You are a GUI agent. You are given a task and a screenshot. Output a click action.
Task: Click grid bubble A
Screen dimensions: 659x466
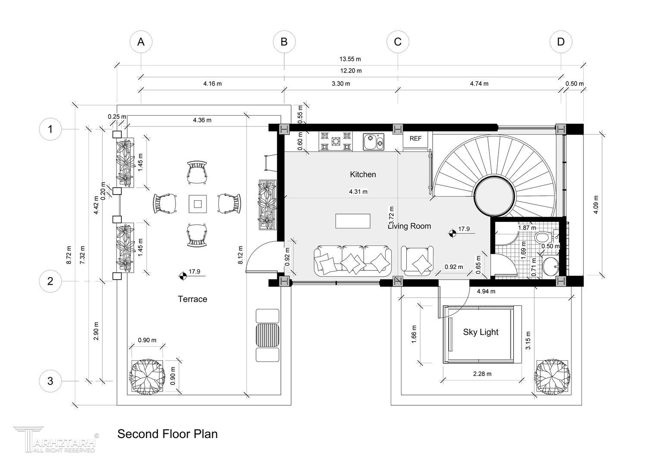click(141, 42)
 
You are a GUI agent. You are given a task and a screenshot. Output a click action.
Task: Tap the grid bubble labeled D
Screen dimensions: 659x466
click(561, 42)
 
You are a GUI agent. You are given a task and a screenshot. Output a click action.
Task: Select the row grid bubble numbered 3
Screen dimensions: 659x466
click(50, 381)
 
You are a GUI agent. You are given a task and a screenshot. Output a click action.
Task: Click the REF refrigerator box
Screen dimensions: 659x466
click(415, 139)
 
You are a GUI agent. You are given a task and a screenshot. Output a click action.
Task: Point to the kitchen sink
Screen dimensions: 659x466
click(373, 142)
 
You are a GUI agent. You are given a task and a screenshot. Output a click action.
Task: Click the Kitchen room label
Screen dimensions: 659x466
click(363, 174)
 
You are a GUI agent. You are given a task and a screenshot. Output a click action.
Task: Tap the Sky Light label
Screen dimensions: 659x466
click(481, 332)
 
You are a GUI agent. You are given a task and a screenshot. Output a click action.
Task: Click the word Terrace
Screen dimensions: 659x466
click(192, 299)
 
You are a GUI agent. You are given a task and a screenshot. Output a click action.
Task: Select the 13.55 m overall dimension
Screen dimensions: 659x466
click(350, 59)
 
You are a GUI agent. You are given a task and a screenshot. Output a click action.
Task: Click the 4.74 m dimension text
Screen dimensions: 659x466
click(479, 84)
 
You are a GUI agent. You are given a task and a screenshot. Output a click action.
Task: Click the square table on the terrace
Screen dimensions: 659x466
click(198, 204)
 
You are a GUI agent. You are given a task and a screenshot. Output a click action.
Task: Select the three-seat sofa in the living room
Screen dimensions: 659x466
click(353, 261)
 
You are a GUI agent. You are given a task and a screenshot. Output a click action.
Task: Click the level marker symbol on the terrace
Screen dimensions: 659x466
click(183, 276)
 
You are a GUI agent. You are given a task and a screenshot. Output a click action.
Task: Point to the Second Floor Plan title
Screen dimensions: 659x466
click(167, 434)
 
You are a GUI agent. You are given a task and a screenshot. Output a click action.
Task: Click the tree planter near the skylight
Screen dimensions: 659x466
click(552, 378)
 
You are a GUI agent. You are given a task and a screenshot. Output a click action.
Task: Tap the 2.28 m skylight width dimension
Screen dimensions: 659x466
click(482, 374)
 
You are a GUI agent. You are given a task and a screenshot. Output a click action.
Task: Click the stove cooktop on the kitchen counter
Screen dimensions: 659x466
click(336, 142)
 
